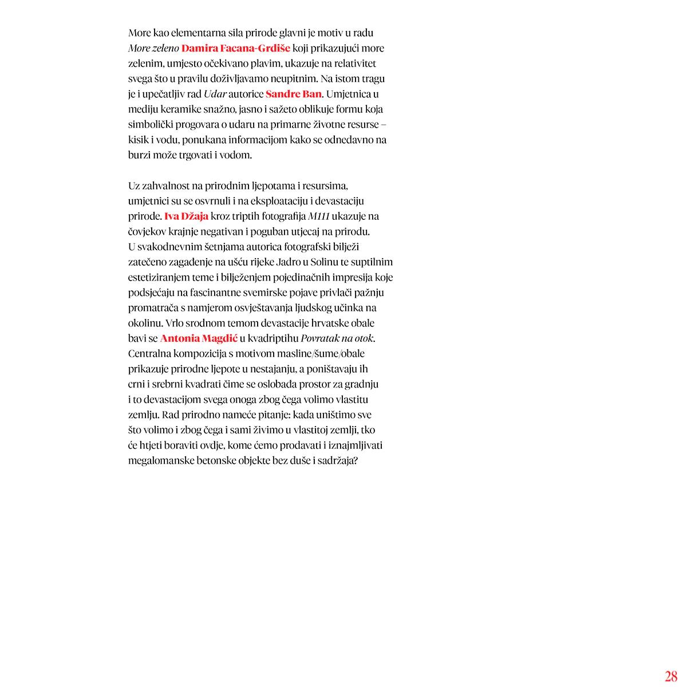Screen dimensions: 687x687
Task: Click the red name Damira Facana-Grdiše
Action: coord(236,48)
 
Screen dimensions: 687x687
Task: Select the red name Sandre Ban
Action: coord(293,94)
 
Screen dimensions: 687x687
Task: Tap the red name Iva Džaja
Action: coord(186,216)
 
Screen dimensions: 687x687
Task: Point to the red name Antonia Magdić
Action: coord(199,338)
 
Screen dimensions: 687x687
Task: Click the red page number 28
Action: coord(671,676)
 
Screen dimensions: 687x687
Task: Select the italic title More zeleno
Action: coord(153,48)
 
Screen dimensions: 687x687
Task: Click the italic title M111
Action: coord(319,216)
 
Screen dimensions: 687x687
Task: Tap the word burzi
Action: coord(139,155)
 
